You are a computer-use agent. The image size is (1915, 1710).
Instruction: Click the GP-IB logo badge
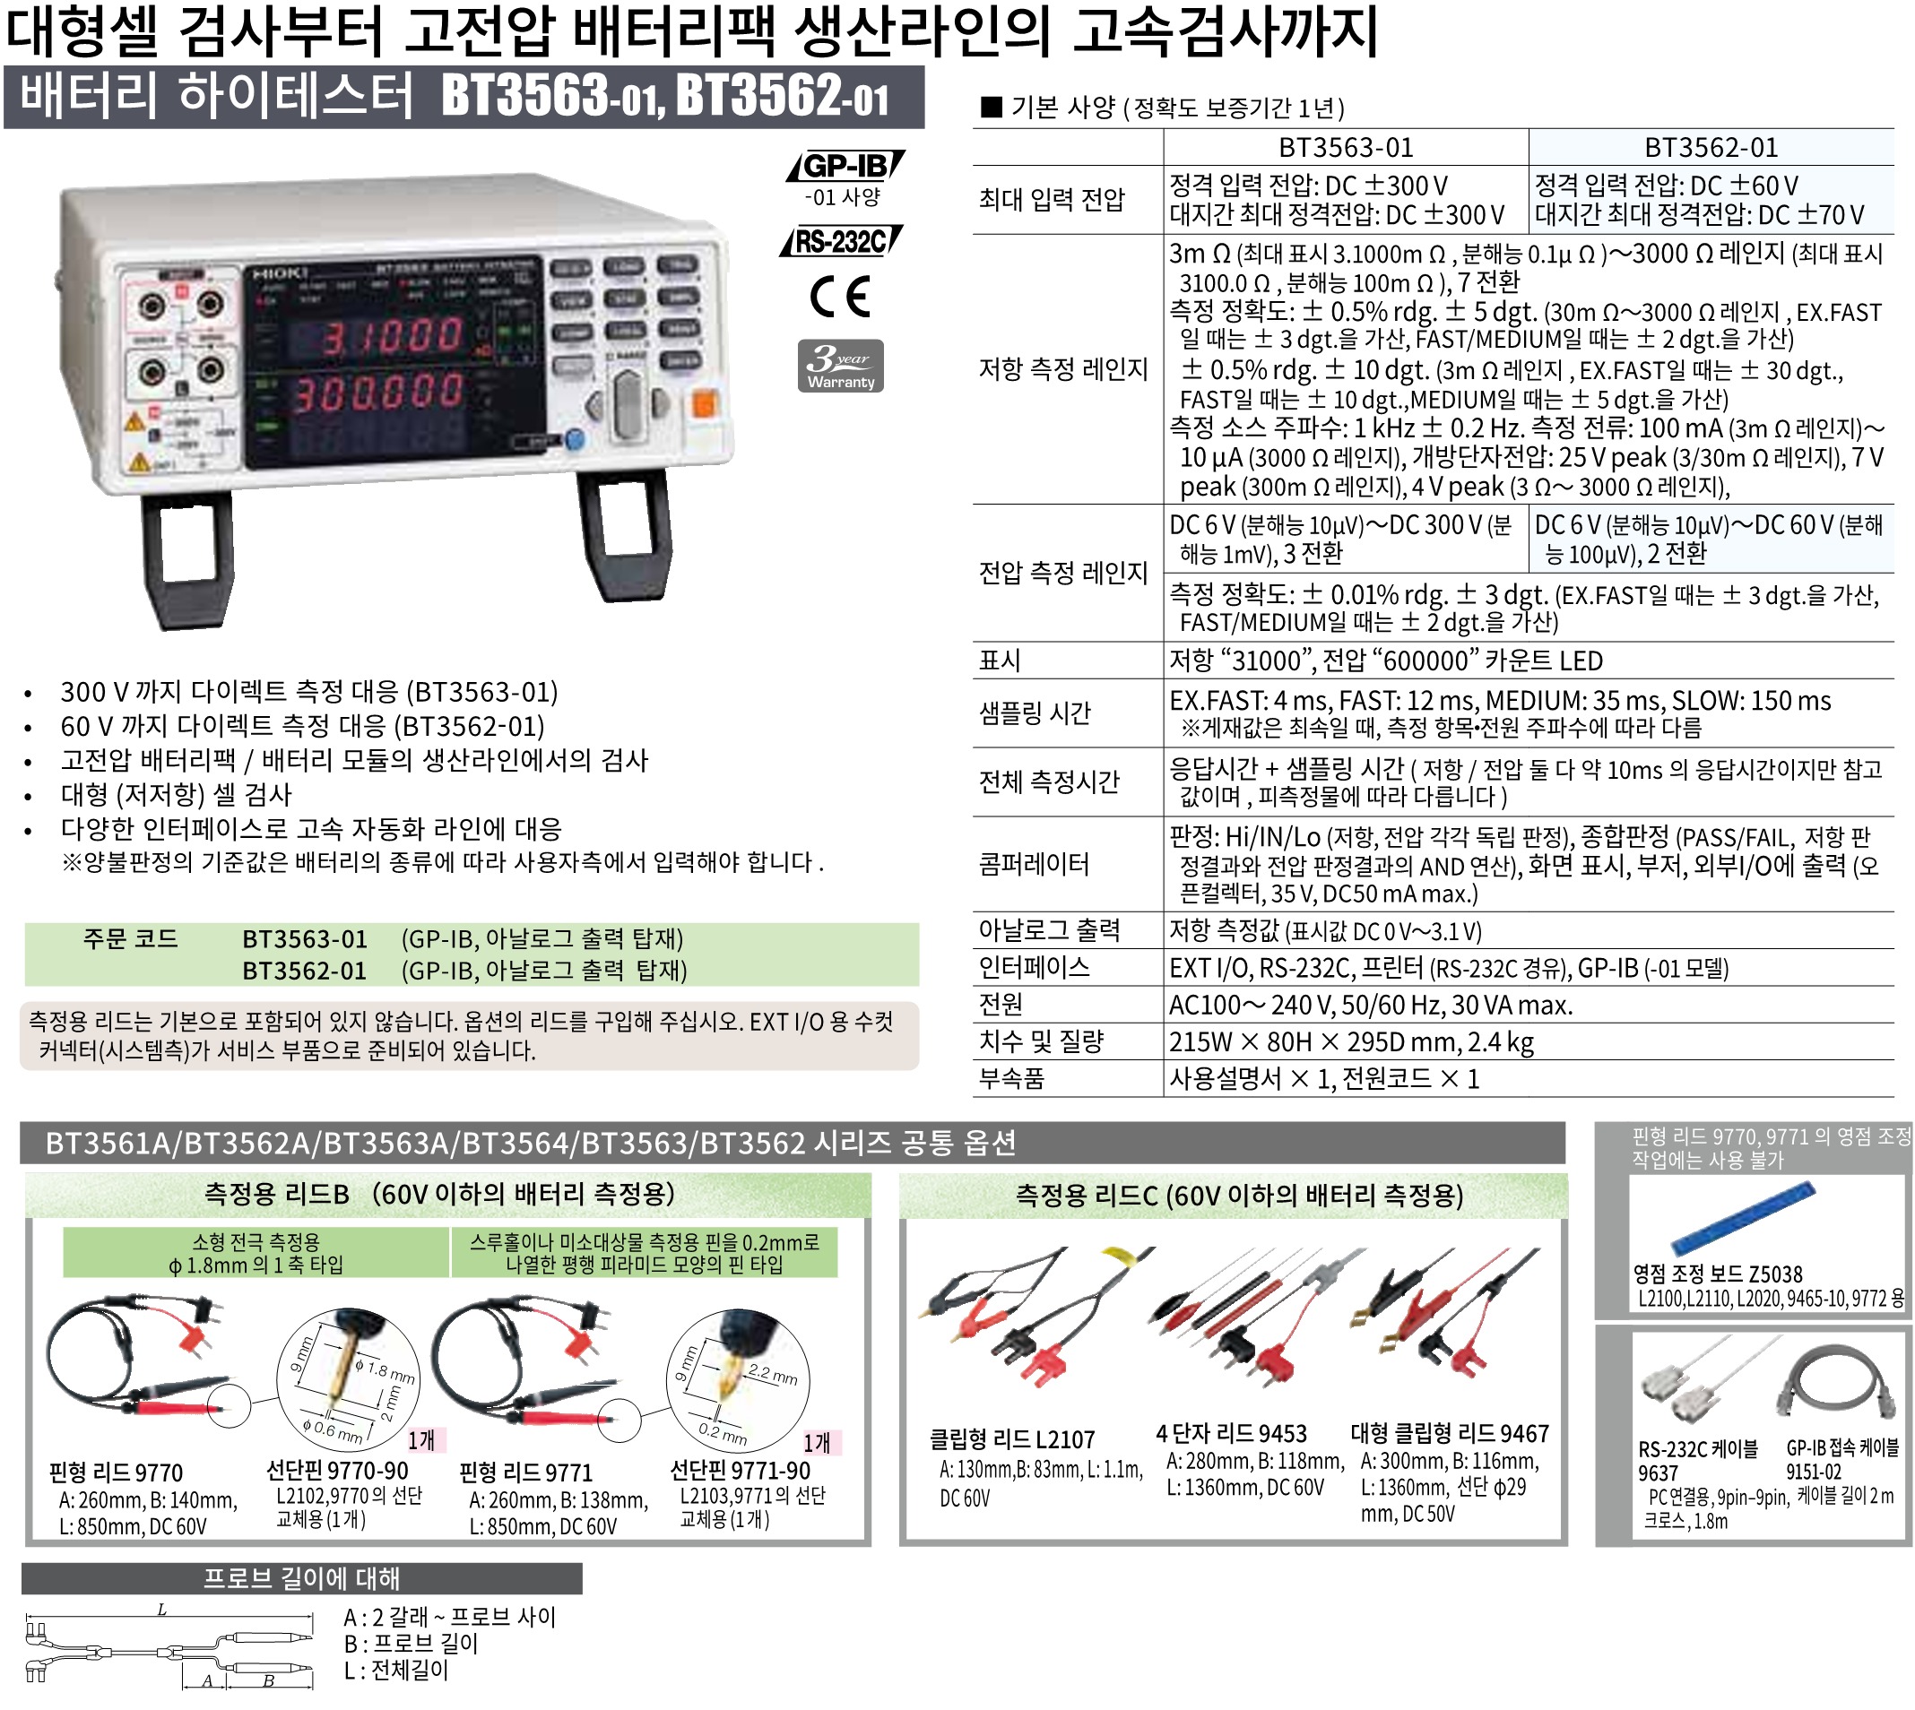pyautogui.click(x=845, y=167)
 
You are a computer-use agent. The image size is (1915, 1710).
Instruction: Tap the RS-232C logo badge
pyautogui.click(x=841, y=241)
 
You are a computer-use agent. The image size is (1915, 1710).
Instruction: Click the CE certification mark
pyautogui.click(x=840, y=297)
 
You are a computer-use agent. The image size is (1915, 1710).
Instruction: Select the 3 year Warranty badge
pyautogui.click(x=840, y=366)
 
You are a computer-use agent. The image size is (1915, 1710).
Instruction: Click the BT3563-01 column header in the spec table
pyautogui.click(x=1345, y=148)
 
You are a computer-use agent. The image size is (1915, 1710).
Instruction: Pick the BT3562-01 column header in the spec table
pyautogui.click(x=1711, y=148)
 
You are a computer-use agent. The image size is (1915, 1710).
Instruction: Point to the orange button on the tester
pyautogui.click(x=704, y=405)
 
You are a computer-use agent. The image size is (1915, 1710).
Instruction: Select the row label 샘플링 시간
pyautogui.click(x=1034, y=713)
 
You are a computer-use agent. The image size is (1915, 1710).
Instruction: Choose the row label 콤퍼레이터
pyautogui.click(x=1034, y=863)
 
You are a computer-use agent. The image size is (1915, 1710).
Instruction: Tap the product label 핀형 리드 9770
pyautogui.click(x=116, y=1472)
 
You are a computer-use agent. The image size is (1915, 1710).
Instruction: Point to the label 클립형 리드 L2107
pyautogui.click(x=1011, y=1439)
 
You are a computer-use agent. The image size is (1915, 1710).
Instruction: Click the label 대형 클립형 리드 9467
pyautogui.click(x=1449, y=1434)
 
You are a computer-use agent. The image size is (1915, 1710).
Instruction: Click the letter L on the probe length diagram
pyautogui.click(x=161, y=1611)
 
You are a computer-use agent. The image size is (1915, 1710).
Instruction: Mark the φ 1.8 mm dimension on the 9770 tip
pyautogui.click(x=385, y=1371)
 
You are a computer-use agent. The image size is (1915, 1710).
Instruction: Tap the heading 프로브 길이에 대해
pyautogui.click(x=301, y=1578)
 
